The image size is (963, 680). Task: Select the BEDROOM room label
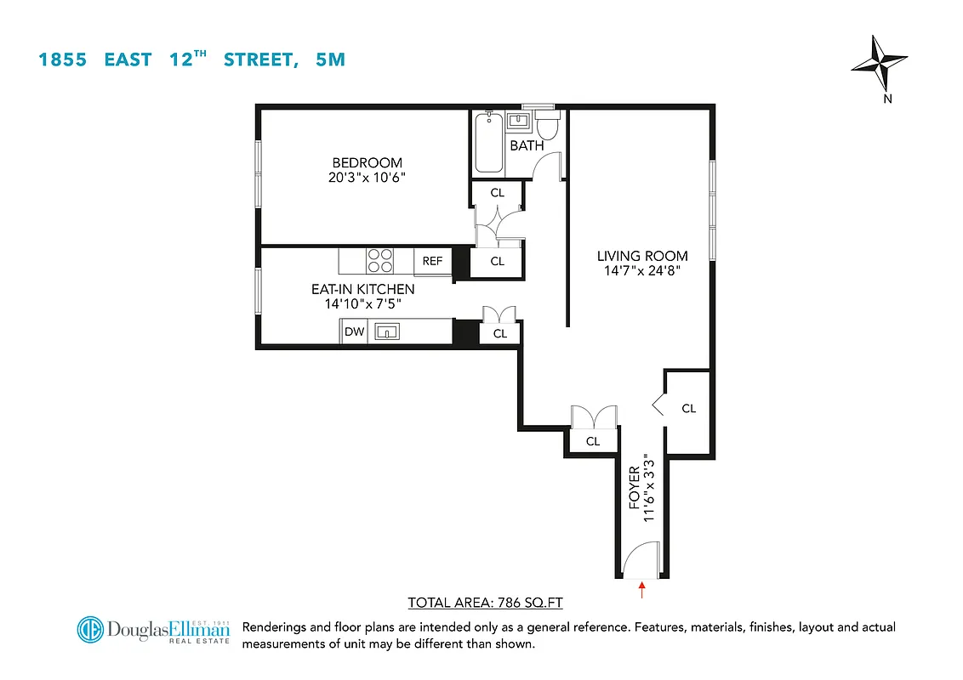coord(367,163)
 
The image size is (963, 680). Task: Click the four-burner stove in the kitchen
coord(379,259)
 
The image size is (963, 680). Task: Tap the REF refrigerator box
coord(432,261)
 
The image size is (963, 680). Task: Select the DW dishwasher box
coord(354,332)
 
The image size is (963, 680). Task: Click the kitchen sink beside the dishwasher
coord(387,332)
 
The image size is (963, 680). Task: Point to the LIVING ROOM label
coord(641,256)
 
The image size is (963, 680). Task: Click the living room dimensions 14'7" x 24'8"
coord(641,270)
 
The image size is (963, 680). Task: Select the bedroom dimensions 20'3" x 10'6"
coord(367,178)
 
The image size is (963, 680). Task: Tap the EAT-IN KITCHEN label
coord(362,290)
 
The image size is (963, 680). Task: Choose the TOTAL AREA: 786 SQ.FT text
coord(486,603)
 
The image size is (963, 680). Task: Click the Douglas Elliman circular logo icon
coord(91,630)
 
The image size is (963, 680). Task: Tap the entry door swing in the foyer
coord(638,563)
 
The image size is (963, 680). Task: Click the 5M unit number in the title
coord(329,59)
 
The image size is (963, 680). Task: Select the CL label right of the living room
coord(688,409)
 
